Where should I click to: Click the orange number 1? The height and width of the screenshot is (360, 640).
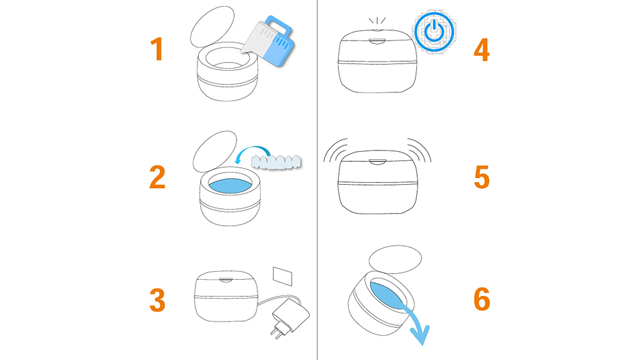click(x=157, y=49)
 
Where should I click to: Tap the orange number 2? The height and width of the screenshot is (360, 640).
click(x=157, y=177)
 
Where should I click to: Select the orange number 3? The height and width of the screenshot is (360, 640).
click(x=157, y=301)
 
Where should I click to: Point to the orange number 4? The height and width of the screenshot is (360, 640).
click(x=482, y=50)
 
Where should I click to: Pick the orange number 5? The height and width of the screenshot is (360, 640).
click(x=482, y=177)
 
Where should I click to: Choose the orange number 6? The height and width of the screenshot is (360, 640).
click(x=482, y=299)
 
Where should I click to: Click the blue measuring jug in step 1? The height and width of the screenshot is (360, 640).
click(x=269, y=41)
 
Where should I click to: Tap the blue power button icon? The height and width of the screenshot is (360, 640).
click(x=435, y=32)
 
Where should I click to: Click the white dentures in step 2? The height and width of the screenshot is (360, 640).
click(x=276, y=162)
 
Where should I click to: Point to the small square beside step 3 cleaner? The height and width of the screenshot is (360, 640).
click(x=282, y=276)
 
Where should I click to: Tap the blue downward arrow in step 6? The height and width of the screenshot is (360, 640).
click(x=416, y=323)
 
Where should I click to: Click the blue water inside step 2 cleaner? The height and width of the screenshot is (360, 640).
click(x=230, y=185)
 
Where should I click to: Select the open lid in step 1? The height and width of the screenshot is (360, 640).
click(x=212, y=26)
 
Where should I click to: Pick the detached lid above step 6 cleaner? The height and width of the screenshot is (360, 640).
click(x=395, y=260)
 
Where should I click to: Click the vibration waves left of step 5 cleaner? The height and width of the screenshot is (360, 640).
click(x=334, y=148)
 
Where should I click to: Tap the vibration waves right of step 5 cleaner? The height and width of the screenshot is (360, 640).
click(x=420, y=148)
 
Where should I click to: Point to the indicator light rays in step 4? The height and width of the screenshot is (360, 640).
click(x=377, y=21)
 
